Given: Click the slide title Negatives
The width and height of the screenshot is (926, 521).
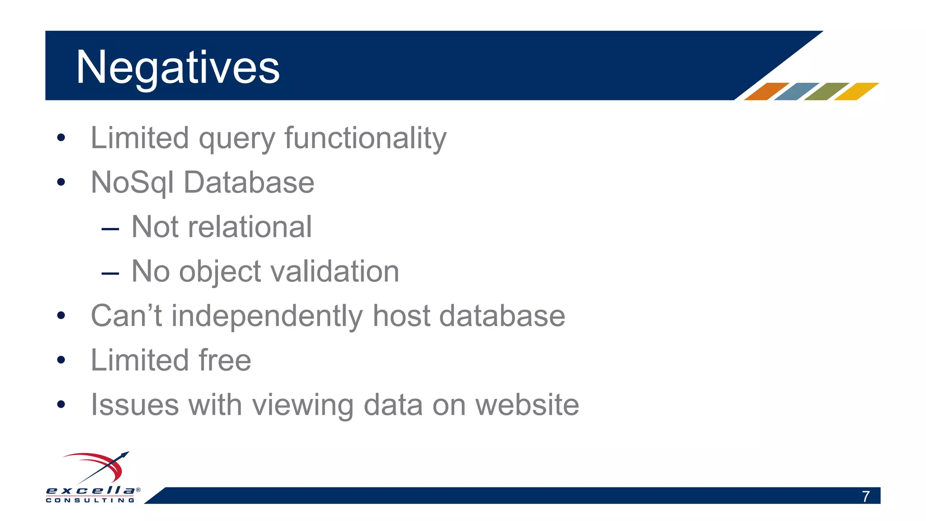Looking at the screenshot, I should [178, 68].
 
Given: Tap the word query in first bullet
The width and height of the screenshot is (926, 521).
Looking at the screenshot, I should [236, 139].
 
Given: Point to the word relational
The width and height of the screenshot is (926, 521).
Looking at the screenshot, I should [250, 227].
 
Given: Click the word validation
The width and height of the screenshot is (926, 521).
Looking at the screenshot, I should [335, 271].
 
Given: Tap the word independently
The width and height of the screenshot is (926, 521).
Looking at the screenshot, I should [267, 316].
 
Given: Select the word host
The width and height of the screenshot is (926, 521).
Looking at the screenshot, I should [401, 316].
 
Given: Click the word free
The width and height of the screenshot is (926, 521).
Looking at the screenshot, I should [225, 360].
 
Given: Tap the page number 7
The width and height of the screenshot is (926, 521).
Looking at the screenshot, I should [865, 497].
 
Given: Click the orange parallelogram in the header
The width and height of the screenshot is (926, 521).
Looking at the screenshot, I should [766, 91].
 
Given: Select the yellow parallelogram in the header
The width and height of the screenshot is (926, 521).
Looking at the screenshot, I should [856, 91].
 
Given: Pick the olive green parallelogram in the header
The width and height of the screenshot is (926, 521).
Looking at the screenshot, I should [827, 91].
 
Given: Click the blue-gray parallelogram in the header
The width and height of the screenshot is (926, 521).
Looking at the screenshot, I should [796, 91].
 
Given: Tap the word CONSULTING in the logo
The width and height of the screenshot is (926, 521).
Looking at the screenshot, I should [90, 500].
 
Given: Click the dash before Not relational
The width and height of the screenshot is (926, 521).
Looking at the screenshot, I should [110, 229].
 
